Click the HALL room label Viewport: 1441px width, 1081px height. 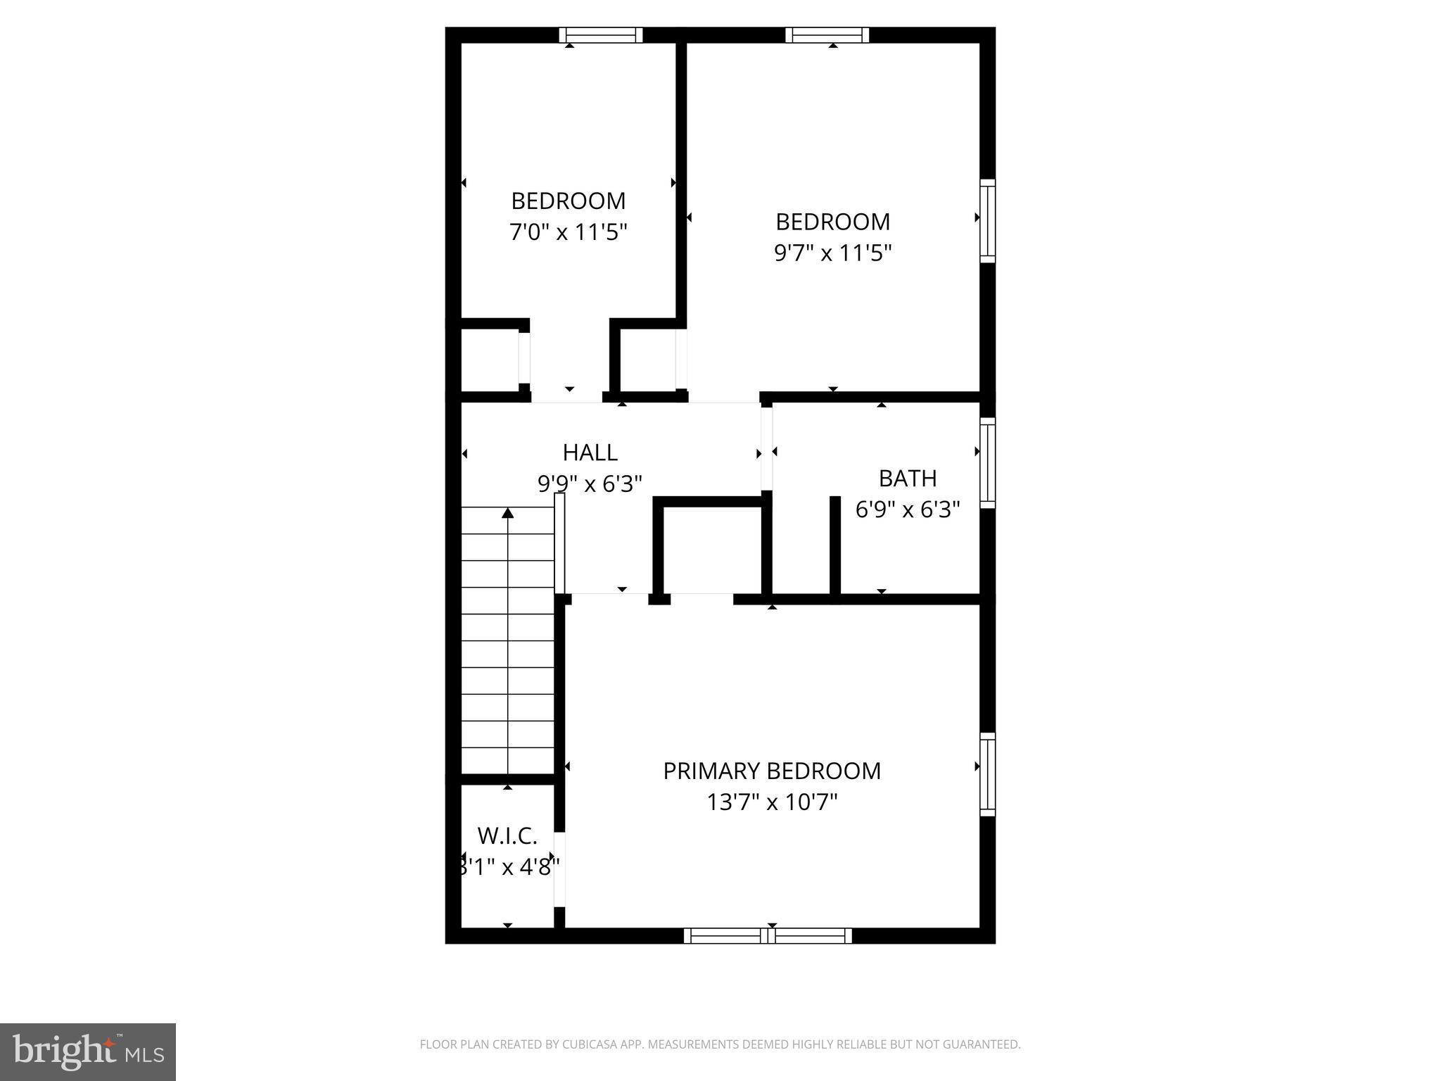click(x=590, y=452)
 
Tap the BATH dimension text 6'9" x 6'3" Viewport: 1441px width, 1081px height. click(x=907, y=510)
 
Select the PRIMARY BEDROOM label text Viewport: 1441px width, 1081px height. click(x=772, y=771)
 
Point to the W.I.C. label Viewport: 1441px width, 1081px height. click(x=507, y=836)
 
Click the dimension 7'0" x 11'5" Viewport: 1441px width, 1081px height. click(x=568, y=232)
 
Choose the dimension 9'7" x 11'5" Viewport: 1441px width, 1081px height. click(x=832, y=253)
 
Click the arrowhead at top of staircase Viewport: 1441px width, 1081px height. click(x=508, y=513)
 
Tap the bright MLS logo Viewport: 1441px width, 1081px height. click(x=88, y=1051)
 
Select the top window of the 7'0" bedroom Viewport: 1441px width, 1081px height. click(x=601, y=35)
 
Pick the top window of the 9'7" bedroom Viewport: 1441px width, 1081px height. click(x=827, y=35)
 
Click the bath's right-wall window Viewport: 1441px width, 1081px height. click(x=988, y=462)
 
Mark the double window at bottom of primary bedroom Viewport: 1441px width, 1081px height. click(x=768, y=936)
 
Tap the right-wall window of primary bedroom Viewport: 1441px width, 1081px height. click(x=988, y=774)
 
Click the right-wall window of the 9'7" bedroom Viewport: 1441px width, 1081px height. click(x=988, y=220)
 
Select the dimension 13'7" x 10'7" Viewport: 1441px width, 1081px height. click(x=772, y=802)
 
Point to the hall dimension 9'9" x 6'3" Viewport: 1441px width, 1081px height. click(x=590, y=484)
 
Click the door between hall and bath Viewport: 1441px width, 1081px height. click(x=767, y=448)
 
